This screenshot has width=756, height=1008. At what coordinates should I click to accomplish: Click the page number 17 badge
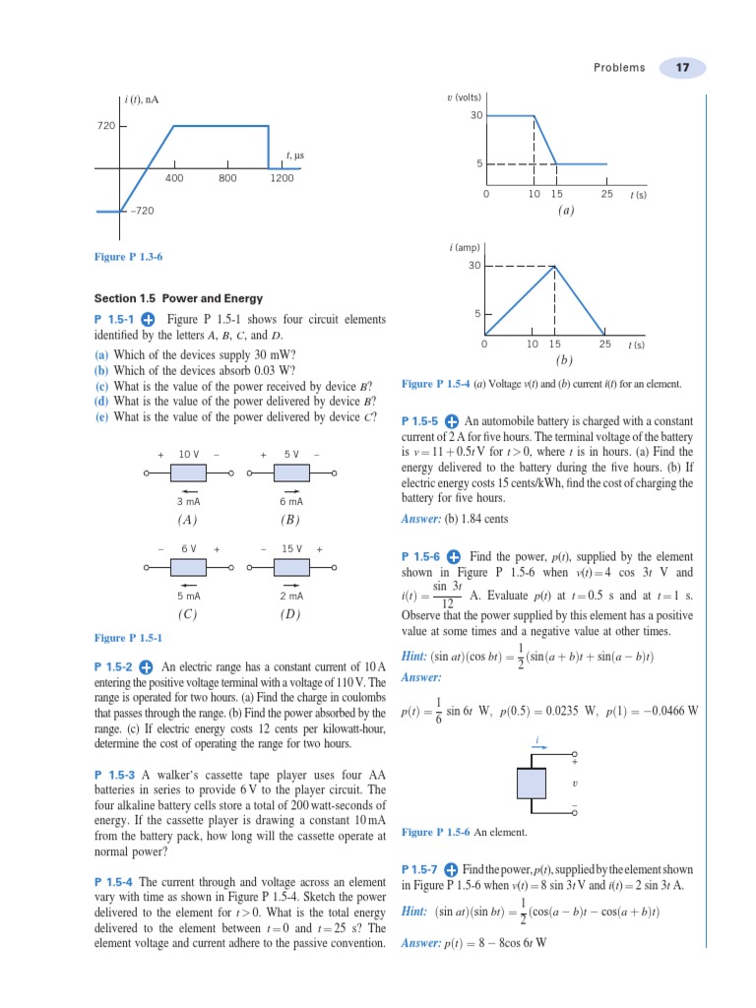tap(682, 68)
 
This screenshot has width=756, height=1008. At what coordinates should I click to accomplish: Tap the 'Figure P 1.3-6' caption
tap(128, 257)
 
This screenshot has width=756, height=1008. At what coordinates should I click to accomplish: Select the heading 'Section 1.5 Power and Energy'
tap(178, 298)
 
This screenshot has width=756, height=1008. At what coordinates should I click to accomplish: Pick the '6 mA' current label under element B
tap(290, 502)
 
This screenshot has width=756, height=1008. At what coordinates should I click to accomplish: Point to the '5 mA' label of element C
tap(188, 596)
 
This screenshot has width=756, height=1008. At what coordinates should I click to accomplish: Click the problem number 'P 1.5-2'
tap(115, 666)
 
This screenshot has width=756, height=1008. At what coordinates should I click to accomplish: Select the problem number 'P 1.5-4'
tap(115, 881)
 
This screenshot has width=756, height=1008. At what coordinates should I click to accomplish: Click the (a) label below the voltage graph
tap(566, 211)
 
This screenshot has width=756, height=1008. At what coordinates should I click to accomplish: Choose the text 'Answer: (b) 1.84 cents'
tap(455, 519)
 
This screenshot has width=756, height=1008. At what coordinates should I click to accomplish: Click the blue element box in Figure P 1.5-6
tap(536, 785)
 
